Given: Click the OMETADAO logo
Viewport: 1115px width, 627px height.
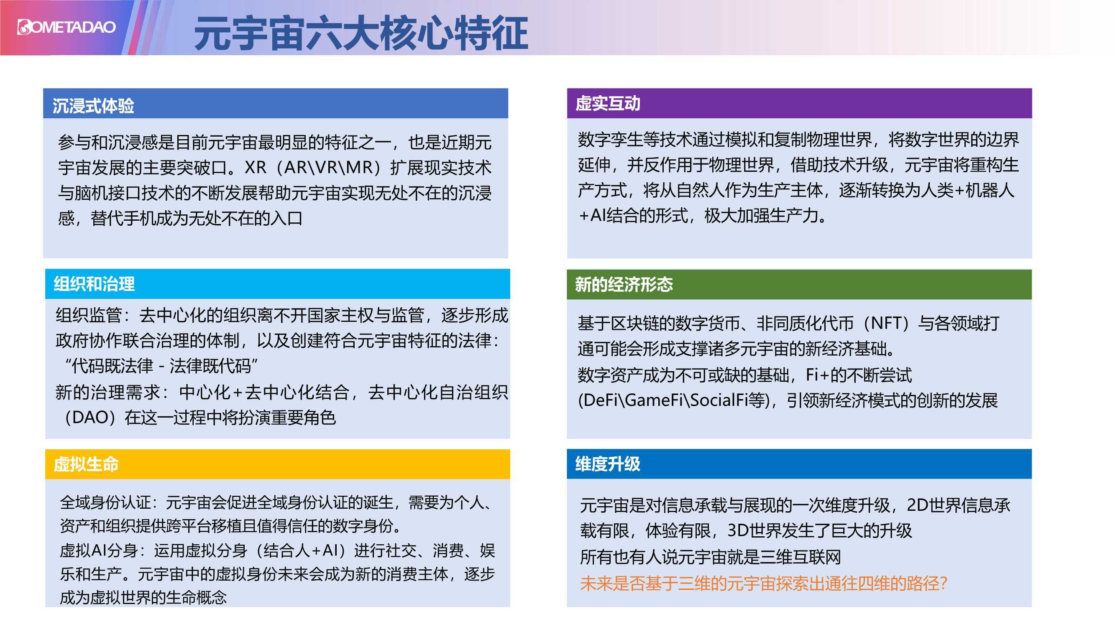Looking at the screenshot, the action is [66, 27].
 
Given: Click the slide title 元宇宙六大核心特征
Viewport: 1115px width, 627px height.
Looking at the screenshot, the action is [361, 33].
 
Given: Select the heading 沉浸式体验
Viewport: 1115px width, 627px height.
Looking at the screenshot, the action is [93, 106].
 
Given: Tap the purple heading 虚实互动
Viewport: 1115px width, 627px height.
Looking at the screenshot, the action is [607, 103].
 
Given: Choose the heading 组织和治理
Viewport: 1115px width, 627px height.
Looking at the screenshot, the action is [94, 284].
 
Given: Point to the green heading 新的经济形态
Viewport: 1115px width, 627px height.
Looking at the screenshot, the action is [624, 284].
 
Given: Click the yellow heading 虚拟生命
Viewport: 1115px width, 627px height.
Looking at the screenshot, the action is [86, 464].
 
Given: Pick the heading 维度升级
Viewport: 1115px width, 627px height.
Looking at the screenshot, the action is [607, 464].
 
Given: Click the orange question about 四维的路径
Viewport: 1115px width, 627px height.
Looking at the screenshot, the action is [764, 583].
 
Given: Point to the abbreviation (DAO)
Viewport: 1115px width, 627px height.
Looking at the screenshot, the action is [90, 418].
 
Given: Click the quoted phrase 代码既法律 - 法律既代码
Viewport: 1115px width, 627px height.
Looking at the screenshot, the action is [161, 366].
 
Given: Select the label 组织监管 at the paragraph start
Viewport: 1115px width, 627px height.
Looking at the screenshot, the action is [88, 315].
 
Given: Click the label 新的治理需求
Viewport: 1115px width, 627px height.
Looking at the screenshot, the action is [108, 393].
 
